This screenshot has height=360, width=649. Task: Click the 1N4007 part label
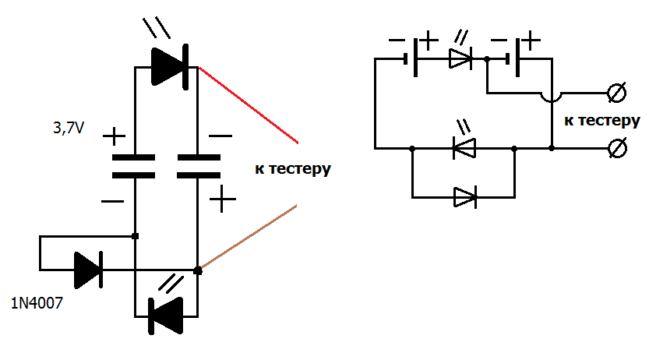click(37, 303)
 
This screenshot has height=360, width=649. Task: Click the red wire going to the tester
click(249, 105)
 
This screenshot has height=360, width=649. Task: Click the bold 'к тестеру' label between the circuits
click(293, 168)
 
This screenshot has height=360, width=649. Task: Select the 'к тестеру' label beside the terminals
click(601, 121)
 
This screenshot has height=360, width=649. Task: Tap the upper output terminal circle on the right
click(615, 94)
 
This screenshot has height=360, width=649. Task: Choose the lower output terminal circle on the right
click(615, 146)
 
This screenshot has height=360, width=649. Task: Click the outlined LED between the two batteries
click(460, 58)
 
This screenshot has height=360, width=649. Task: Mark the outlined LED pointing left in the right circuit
click(464, 146)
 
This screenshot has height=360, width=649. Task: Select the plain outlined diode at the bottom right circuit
click(465, 197)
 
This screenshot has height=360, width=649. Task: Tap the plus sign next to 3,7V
click(114, 137)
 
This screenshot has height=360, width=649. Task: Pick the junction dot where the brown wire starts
click(197, 270)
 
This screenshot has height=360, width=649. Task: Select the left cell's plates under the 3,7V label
click(134, 166)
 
